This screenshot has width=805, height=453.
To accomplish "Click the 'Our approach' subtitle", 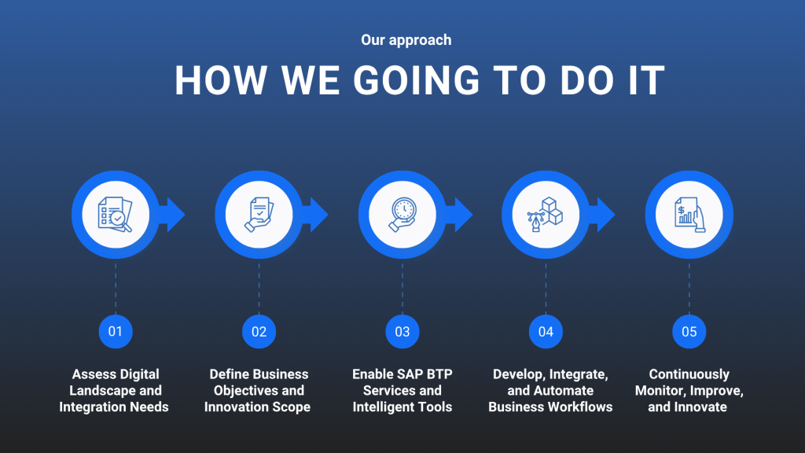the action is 406,40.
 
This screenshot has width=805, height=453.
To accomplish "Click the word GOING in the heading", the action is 417,81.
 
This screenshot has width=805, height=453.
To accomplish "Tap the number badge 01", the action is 116,331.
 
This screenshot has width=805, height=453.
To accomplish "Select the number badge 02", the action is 259,331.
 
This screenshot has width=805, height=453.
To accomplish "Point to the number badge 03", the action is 402,331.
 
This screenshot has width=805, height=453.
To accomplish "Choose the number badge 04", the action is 546,331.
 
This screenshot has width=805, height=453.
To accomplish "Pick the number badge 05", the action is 689,331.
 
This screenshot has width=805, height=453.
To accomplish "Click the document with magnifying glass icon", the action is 116,215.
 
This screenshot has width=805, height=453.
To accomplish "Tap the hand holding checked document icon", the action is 259,215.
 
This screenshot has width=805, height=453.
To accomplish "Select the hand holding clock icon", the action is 402,215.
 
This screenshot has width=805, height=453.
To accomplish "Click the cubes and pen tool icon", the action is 546,215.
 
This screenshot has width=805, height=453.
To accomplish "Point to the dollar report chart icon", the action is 689,215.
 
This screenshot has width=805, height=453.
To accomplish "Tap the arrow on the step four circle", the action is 602,215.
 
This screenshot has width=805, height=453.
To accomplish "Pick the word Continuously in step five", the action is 689,374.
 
